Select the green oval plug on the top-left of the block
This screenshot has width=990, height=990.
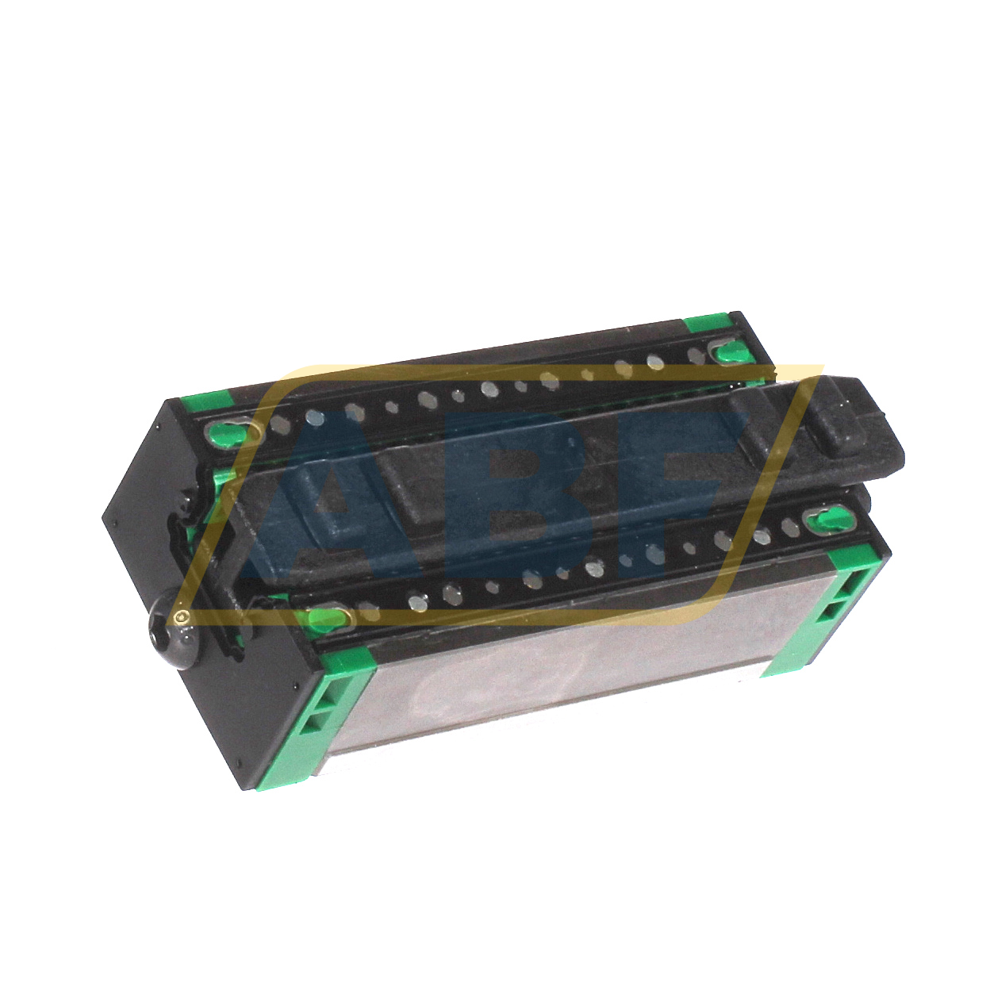click(227, 432)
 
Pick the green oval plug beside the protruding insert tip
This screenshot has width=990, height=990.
click(824, 520)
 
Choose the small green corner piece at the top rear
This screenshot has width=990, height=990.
click(708, 323)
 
